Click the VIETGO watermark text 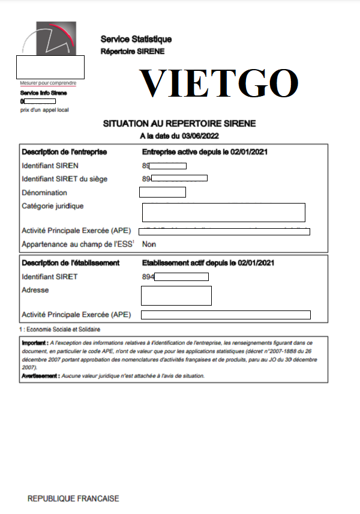[x=219, y=83]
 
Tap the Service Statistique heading [x=136, y=39]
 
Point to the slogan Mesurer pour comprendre [x=48, y=83]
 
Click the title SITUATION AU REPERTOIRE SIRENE [x=179, y=124]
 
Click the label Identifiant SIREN [x=50, y=166]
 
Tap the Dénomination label [x=44, y=193]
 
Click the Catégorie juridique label [x=53, y=206]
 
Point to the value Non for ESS [x=149, y=244]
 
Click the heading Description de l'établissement [x=71, y=263]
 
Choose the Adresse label [x=35, y=290]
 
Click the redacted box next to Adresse [x=176, y=295]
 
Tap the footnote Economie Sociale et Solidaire [x=62, y=330]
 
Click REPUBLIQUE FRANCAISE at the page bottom [x=73, y=499]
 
